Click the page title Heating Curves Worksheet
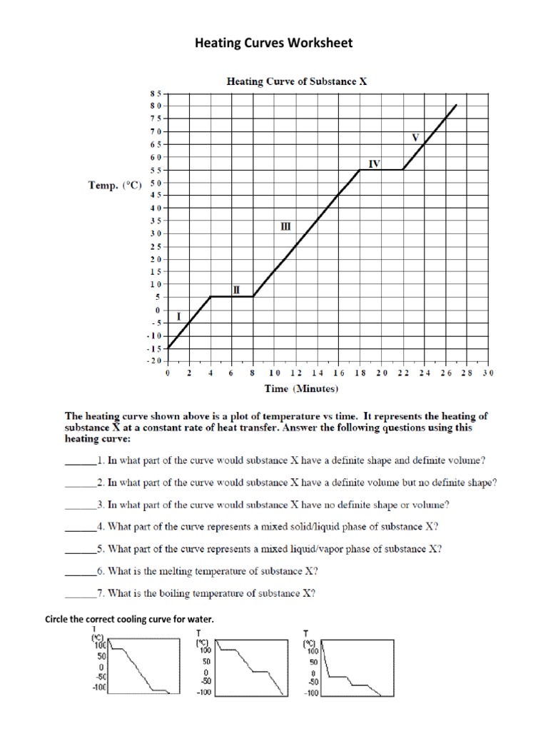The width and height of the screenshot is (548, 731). (274, 44)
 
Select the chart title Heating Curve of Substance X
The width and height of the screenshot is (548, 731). (297, 81)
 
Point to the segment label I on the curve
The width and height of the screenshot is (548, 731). (178, 315)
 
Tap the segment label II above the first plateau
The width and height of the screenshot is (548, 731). (236, 289)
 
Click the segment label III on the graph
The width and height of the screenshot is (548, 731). (285, 226)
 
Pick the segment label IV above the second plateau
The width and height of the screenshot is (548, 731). (374, 163)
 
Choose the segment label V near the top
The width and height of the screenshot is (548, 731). (415, 136)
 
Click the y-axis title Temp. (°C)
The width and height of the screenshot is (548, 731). (114, 185)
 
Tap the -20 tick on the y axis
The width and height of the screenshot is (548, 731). (154, 361)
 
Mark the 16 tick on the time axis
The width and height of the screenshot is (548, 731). (338, 373)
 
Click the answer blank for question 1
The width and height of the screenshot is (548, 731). (80, 460)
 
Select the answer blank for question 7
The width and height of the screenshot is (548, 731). (80, 593)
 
